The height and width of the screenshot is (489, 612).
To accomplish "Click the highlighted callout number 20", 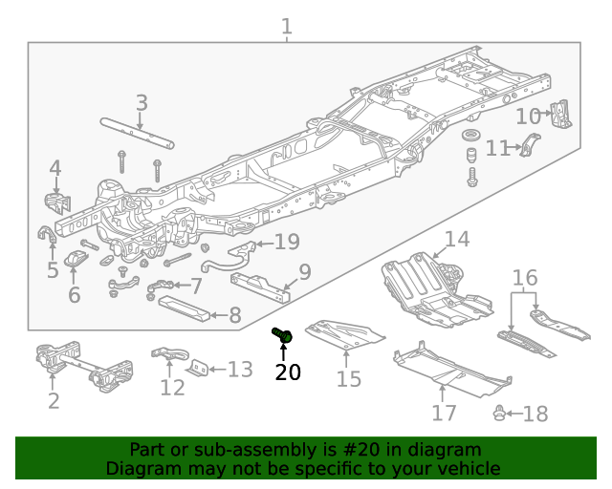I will [x=287, y=372].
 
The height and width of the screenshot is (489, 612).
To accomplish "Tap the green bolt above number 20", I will [x=282, y=334].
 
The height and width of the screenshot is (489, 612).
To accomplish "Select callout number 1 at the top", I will [x=287, y=26].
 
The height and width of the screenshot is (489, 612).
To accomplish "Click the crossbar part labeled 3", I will [x=139, y=132].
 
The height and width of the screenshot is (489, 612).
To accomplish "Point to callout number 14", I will [x=456, y=239].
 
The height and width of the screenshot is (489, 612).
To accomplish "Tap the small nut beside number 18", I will [x=499, y=413].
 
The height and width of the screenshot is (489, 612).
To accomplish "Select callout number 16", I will [x=525, y=279].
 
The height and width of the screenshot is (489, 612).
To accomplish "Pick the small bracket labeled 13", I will [x=198, y=369].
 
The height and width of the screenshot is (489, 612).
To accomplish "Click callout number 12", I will [x=172, y=388].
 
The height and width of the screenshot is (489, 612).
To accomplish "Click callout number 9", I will [x=304, y=273].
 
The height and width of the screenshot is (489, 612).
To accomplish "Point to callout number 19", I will [x=287, y=242].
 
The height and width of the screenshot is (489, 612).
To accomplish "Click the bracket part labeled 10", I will [x=563, y=113].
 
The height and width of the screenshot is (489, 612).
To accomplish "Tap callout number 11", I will [x=497, y=149].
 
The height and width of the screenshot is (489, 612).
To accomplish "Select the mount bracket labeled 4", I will [x=56, y=204].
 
